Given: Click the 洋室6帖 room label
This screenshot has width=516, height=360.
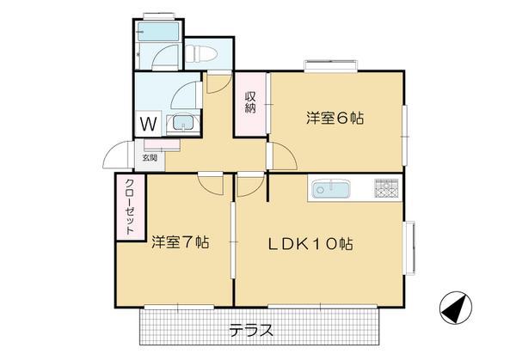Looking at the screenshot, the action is (x=335, y=119).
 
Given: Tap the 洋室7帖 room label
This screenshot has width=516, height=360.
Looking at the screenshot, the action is (x=181, y=242).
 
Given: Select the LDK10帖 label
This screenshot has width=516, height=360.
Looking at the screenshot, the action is (x=310, y=244).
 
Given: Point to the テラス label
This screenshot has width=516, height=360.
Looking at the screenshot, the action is (x=251, y=330).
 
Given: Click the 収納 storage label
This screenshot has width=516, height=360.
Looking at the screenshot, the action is (x=250, y=102).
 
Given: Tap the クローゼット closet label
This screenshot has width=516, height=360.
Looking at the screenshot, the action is (x=131, y=207).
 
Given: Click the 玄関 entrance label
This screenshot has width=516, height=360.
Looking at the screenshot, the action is (x=150, y=157).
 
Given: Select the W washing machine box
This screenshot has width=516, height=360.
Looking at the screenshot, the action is (x=148, y=124).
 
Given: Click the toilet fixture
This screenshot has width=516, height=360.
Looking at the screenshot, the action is (x=200, y=53).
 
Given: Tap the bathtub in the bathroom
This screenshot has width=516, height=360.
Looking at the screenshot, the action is (x=158, y=32).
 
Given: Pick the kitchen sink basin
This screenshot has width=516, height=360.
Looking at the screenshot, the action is (x=331, y=190).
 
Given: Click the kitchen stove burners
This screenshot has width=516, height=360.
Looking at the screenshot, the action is (x=387, y=188).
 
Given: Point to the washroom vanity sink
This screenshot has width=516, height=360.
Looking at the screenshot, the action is (x=182, y=123).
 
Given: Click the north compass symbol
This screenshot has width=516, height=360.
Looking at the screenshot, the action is (x=456, y=308).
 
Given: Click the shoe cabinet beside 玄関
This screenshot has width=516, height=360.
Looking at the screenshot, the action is (x=162, y=145).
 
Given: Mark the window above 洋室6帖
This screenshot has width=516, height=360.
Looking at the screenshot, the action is (x=331, y=65).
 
